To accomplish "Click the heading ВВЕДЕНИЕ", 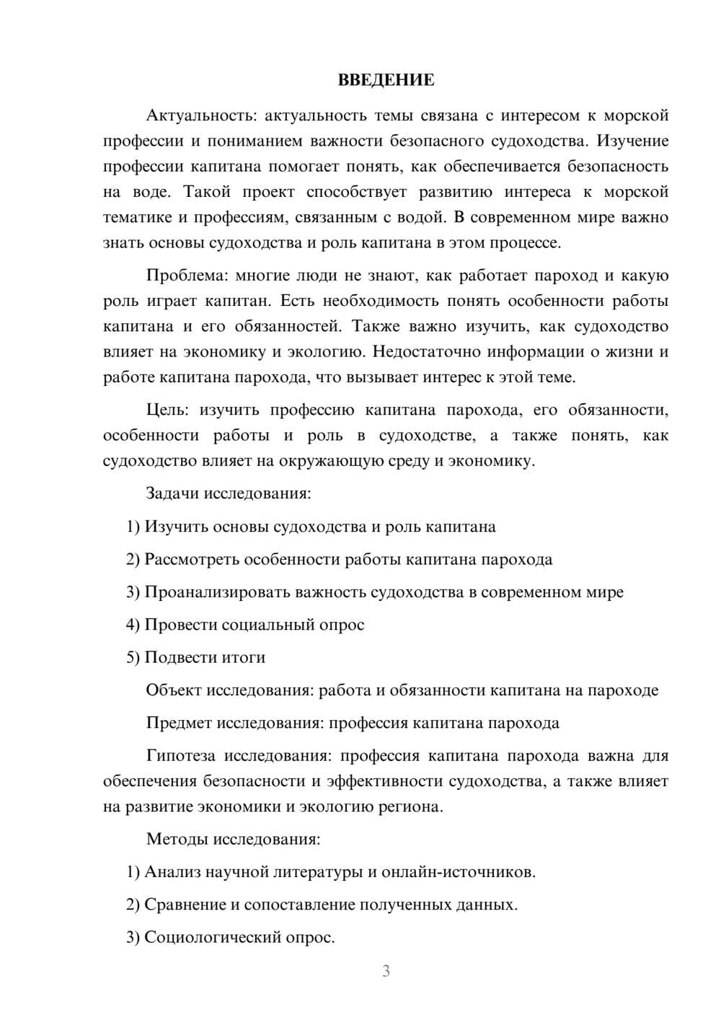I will click(386, 80).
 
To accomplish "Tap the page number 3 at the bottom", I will click(386, 971).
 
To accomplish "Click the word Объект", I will click(174, 690).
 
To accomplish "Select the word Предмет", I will click(179, 723).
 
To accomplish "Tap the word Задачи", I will click(173, 494).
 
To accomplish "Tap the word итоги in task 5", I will click(244, 658).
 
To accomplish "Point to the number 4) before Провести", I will click(133, 625).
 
